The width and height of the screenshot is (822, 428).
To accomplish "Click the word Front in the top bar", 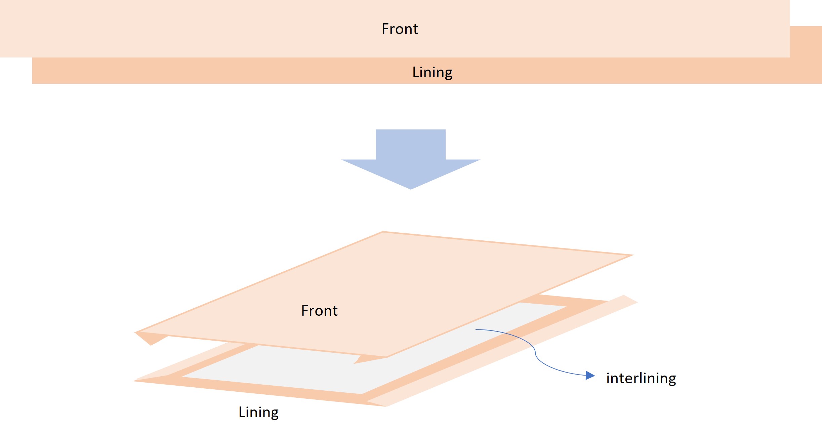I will click(400, 29).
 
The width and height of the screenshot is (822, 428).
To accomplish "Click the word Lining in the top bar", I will click(432, 72).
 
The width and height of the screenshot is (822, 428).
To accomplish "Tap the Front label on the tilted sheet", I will click(319, 311).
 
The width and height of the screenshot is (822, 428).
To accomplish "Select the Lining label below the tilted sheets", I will click(258, 412).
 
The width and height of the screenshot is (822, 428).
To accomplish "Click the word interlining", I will click(641, 378).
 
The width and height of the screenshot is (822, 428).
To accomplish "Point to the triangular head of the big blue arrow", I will click(411, 173).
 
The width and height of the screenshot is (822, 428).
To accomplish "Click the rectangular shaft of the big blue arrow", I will click(411, 145).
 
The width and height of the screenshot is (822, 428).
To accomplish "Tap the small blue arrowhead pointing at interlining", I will click(590, 375).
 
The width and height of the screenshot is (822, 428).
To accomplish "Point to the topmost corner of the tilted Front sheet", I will click(383, 232).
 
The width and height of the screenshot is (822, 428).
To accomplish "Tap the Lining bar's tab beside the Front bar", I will click(806, 42).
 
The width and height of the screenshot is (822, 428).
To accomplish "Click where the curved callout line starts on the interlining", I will click(476, 329).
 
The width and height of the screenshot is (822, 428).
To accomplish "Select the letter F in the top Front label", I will click(385, 29).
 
